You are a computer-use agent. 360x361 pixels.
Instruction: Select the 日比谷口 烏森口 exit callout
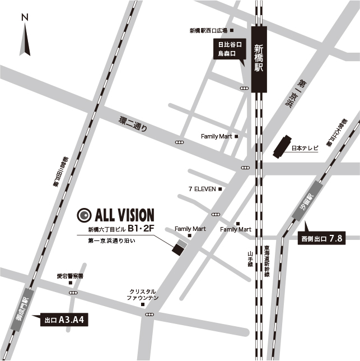click(x=230, y=49)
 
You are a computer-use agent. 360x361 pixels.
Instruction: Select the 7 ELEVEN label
click(x=202, y=189)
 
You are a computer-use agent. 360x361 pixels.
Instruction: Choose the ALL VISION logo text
click(x=124, y=215)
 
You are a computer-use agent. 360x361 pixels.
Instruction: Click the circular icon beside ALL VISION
click(x=84, y=215)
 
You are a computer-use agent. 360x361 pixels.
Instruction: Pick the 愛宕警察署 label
click(x=70, y=276)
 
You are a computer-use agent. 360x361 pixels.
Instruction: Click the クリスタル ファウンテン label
click(x=143, y=295)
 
